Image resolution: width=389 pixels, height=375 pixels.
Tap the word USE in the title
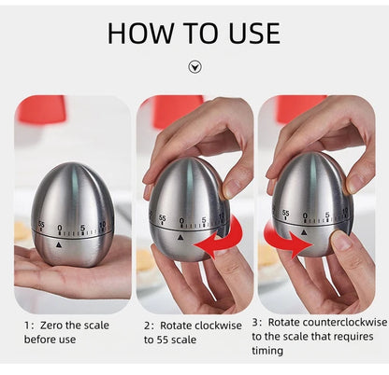click(x=254, y=34)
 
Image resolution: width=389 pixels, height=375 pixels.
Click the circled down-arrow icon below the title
click(x=195, y=67)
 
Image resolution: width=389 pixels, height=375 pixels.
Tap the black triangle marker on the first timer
click(x=59, y=244)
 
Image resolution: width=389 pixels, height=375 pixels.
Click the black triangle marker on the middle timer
click(x=180, y=238)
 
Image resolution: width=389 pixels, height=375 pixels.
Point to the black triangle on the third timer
click(x=304, y=231)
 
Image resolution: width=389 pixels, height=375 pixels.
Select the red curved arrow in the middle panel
click(x=220, y=236)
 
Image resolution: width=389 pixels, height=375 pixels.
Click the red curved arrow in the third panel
click(x=287, y=238)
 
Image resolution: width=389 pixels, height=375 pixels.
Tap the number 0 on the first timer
click(x=60, y=229)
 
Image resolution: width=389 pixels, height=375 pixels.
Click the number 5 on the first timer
click(x=82, y=228)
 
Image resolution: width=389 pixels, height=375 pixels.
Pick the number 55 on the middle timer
click(x=162, y=217)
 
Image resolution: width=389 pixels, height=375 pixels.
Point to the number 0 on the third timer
click(x=305, y=215)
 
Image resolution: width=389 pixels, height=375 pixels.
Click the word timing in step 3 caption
click(x=267, y=351)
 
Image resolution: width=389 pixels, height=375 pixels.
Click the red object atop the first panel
click(x=41, y=109)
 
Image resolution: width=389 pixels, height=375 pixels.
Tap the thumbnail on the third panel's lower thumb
click(x=341, y=242)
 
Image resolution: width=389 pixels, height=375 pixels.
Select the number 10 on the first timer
click(x=102, y=225)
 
